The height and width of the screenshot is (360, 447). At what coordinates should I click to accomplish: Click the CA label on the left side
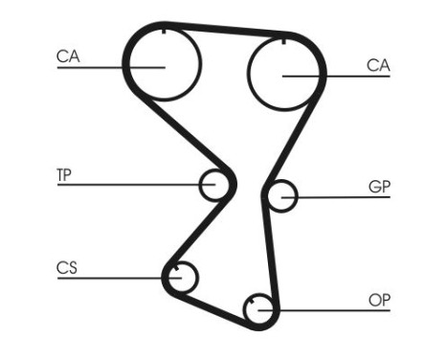[x=67, y=56]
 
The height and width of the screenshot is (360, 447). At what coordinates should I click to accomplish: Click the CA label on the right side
[x=378, y=65]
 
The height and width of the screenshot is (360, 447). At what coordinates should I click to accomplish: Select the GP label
[x=379, y=187]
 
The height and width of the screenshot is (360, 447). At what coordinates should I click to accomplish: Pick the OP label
[x=379, y=299]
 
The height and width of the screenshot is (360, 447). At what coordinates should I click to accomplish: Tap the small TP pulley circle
[x=213, y=184]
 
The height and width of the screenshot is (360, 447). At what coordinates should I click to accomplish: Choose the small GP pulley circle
[x=281, y=196]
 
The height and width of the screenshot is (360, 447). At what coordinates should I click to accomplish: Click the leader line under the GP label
[x=345, y=197]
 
